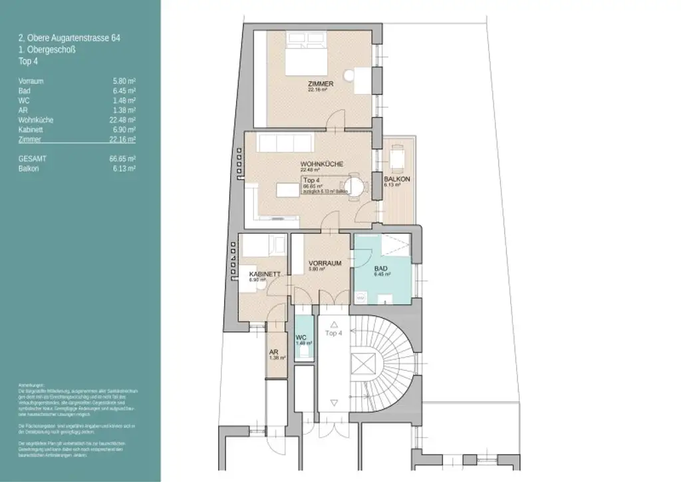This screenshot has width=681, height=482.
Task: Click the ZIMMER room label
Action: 320,84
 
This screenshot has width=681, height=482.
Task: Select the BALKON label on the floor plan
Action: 396,180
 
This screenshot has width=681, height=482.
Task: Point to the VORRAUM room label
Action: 325,264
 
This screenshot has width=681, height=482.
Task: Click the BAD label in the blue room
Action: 380,268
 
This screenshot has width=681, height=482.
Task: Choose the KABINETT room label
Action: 263,274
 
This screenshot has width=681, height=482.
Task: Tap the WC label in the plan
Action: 301,338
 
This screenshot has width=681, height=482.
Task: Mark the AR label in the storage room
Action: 273,353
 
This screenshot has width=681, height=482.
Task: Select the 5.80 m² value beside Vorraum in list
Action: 124,80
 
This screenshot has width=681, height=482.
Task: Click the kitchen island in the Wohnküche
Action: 287,190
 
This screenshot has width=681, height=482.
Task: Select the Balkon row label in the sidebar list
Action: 28,169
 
